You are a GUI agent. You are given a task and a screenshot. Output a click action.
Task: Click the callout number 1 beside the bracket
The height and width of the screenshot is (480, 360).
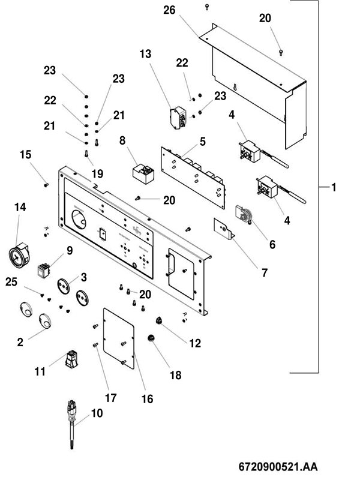pos(334,188)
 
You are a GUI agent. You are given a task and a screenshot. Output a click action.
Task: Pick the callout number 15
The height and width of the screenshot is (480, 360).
pos(25,154)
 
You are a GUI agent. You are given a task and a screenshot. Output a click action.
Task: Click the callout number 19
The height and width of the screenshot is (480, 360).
pos(97,174)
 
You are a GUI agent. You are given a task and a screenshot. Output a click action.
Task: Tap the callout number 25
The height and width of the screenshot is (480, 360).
pos(11,281)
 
